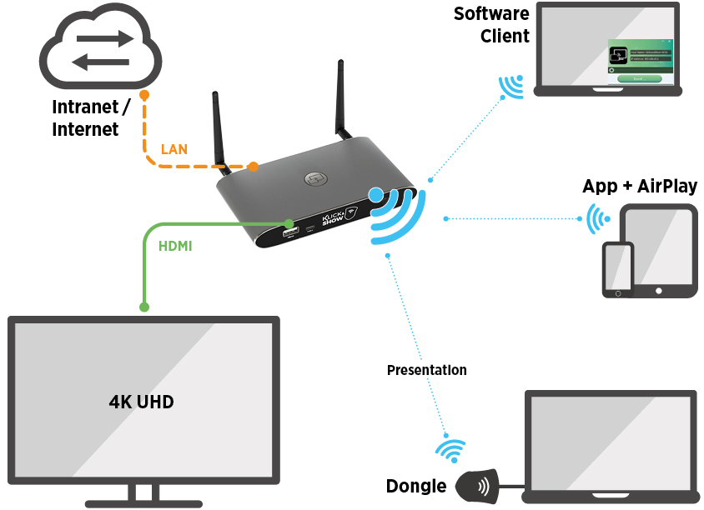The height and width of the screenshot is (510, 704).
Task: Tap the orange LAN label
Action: pyautogui.click(x=173, y=149)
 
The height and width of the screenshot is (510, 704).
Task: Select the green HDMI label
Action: pyautogui.click(x=175, y=246)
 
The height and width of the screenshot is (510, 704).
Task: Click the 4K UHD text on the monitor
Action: pyautogui.click(x=142, y=401)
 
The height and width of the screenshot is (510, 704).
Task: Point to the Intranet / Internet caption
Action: pyautogui.click(x=91, y=118)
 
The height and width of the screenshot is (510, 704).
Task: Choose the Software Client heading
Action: pyautogui.click(x=492, y=25)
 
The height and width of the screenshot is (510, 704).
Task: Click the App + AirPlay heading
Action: pyautogui.click(x=640, y=186)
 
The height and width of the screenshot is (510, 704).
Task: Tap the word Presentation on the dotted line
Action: pyautogui.click(x=427, y=370)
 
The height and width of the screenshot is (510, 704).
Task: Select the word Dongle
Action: pyautogui.click(x=416, y=487)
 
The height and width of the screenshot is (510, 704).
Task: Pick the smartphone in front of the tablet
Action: pyautogui.click(x=618, y=269)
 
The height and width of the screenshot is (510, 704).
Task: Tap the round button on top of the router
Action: pyautogui.click(x=314, y=178)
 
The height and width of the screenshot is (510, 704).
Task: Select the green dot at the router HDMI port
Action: pyautogui.click(x=289, y=224)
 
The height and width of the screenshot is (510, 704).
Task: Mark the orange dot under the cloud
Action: pyautogui.click(x=144, y=95)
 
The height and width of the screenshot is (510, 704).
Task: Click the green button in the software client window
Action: pyautogui.click(x=639, y=78)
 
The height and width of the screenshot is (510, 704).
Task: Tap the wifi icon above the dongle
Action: pyautogui.click(x=451, y=450)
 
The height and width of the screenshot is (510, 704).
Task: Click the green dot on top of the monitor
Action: pyautogui.click(x=144, y=307)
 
